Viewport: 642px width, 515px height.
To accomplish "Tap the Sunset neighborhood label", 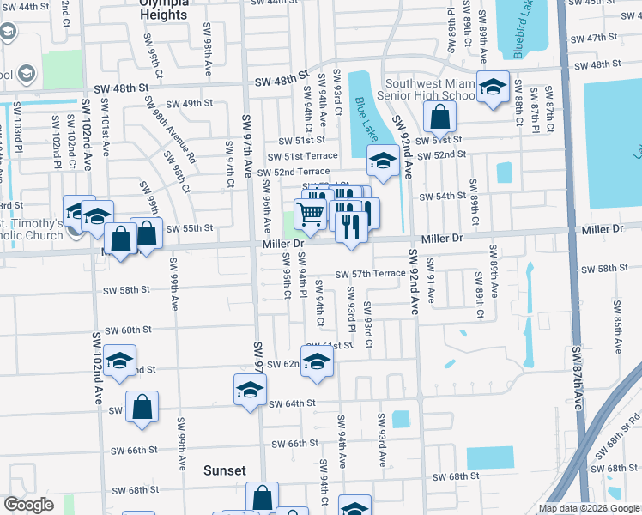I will pos(225,470).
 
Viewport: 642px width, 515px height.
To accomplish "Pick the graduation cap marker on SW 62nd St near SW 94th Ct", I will pos(317,361).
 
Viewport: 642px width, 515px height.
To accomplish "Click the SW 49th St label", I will pos(190,103).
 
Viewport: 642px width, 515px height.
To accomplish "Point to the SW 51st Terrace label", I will pos(302,156).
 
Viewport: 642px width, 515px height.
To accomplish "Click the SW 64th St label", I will pos(292,403).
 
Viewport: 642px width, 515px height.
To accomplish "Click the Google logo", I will pos(28,505).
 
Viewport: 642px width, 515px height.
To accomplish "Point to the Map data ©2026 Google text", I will pos(589,508).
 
